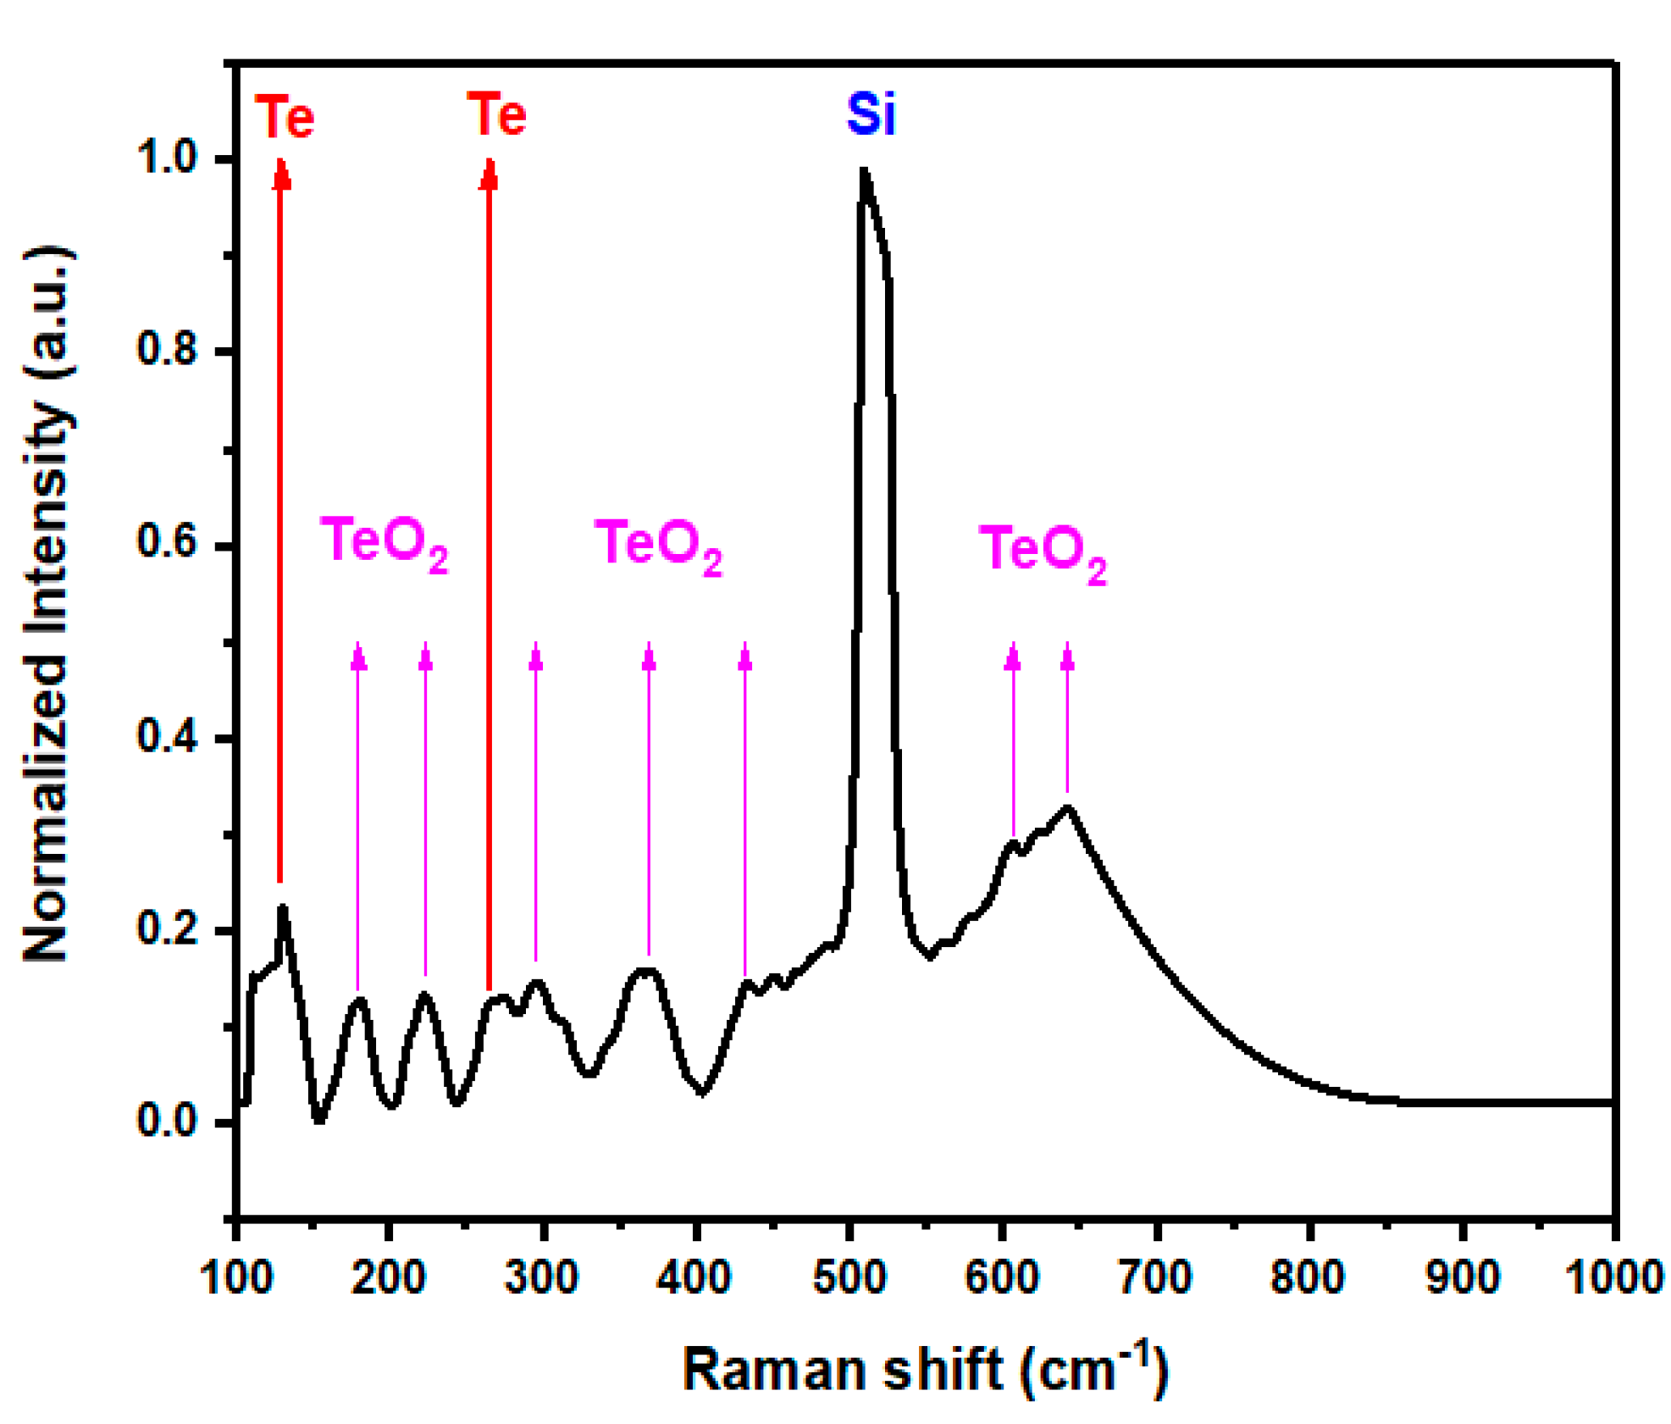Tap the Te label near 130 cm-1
pyautogui.click(x=285, y=117)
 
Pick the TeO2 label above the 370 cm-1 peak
pyautogui.click(x=658, y=544)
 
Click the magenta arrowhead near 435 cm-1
pyautogui.click(x=744, y=657)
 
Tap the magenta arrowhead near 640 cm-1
pyautogui.click(x=1067, y=657)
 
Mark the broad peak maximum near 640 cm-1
pyautogui.click(x=1069, y=807)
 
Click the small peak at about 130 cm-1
pyautogui.click(x=282, y=907)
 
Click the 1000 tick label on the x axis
pyautogui.click(x=1613, y=1277)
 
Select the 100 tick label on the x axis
pyautogui.click(x=236, y=1277)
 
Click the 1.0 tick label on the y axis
pyautogui.click(x=167, y=158)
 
